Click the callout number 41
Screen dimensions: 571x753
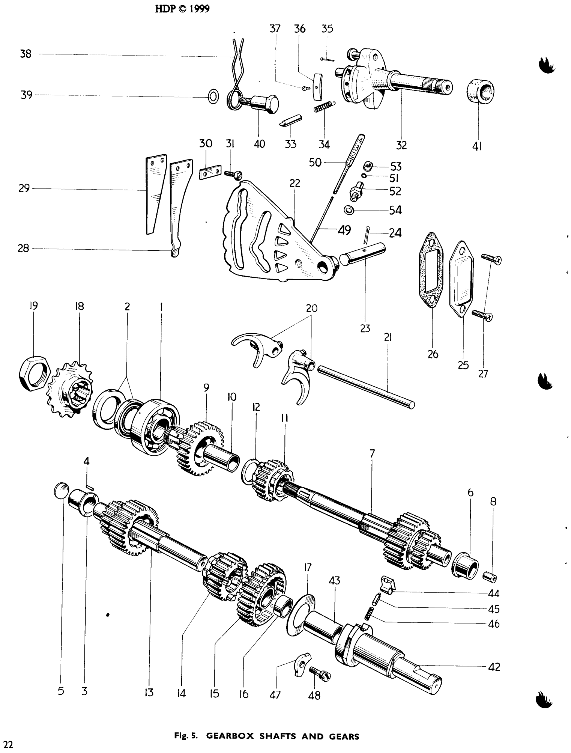tap(478, 146)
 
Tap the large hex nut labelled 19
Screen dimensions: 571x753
tap(35, 372)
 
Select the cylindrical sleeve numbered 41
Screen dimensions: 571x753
tap(481, 91)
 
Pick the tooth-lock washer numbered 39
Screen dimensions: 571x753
tap(213, 97)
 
